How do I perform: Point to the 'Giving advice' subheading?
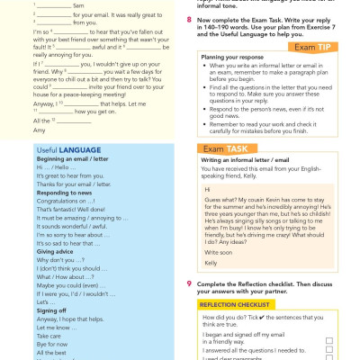click(35, 251)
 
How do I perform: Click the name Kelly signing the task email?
click(213, 263)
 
